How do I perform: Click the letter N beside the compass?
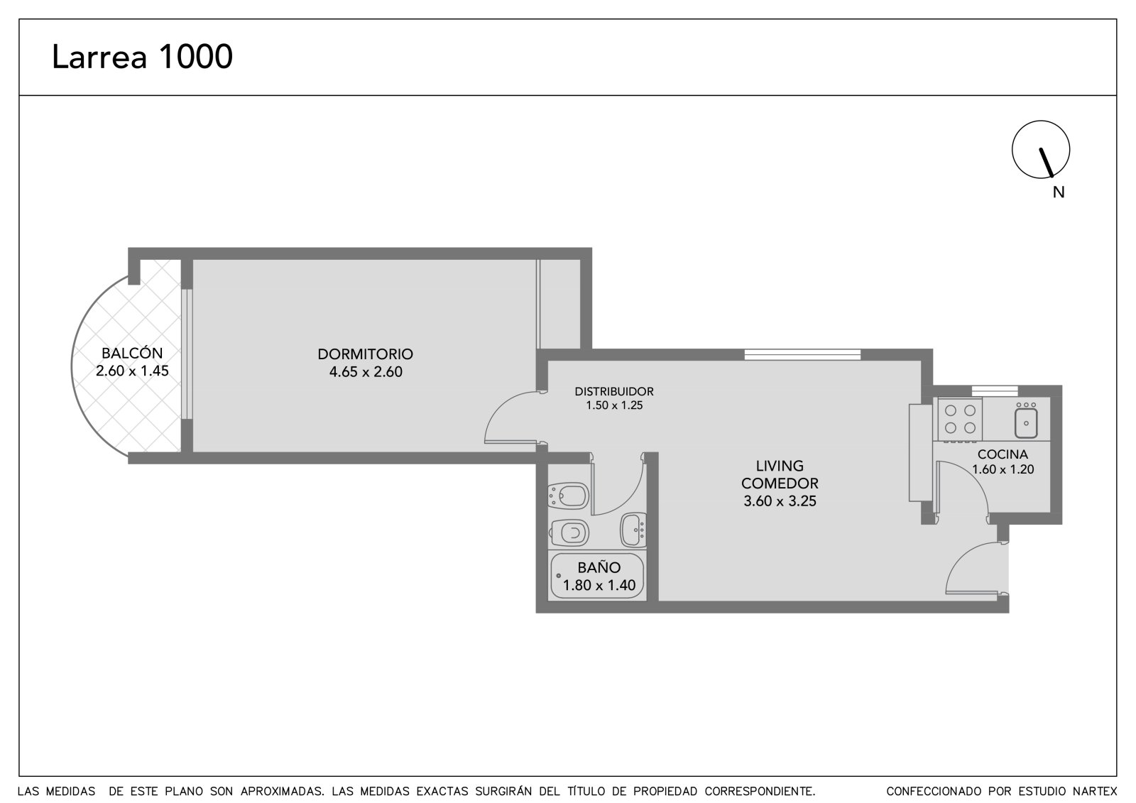1059,192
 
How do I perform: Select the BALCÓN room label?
132,353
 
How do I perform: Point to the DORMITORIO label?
365,354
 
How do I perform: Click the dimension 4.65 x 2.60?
366,372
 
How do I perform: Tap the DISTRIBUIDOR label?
613,392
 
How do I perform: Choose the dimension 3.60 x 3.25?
780,501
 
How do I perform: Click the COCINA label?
1003,454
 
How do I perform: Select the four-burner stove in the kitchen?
960,419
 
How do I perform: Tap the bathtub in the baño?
597,576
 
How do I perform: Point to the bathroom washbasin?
633,530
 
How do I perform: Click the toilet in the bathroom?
569,532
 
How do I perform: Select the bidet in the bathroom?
569,496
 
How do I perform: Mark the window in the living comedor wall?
802,354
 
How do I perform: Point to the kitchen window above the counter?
995,390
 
